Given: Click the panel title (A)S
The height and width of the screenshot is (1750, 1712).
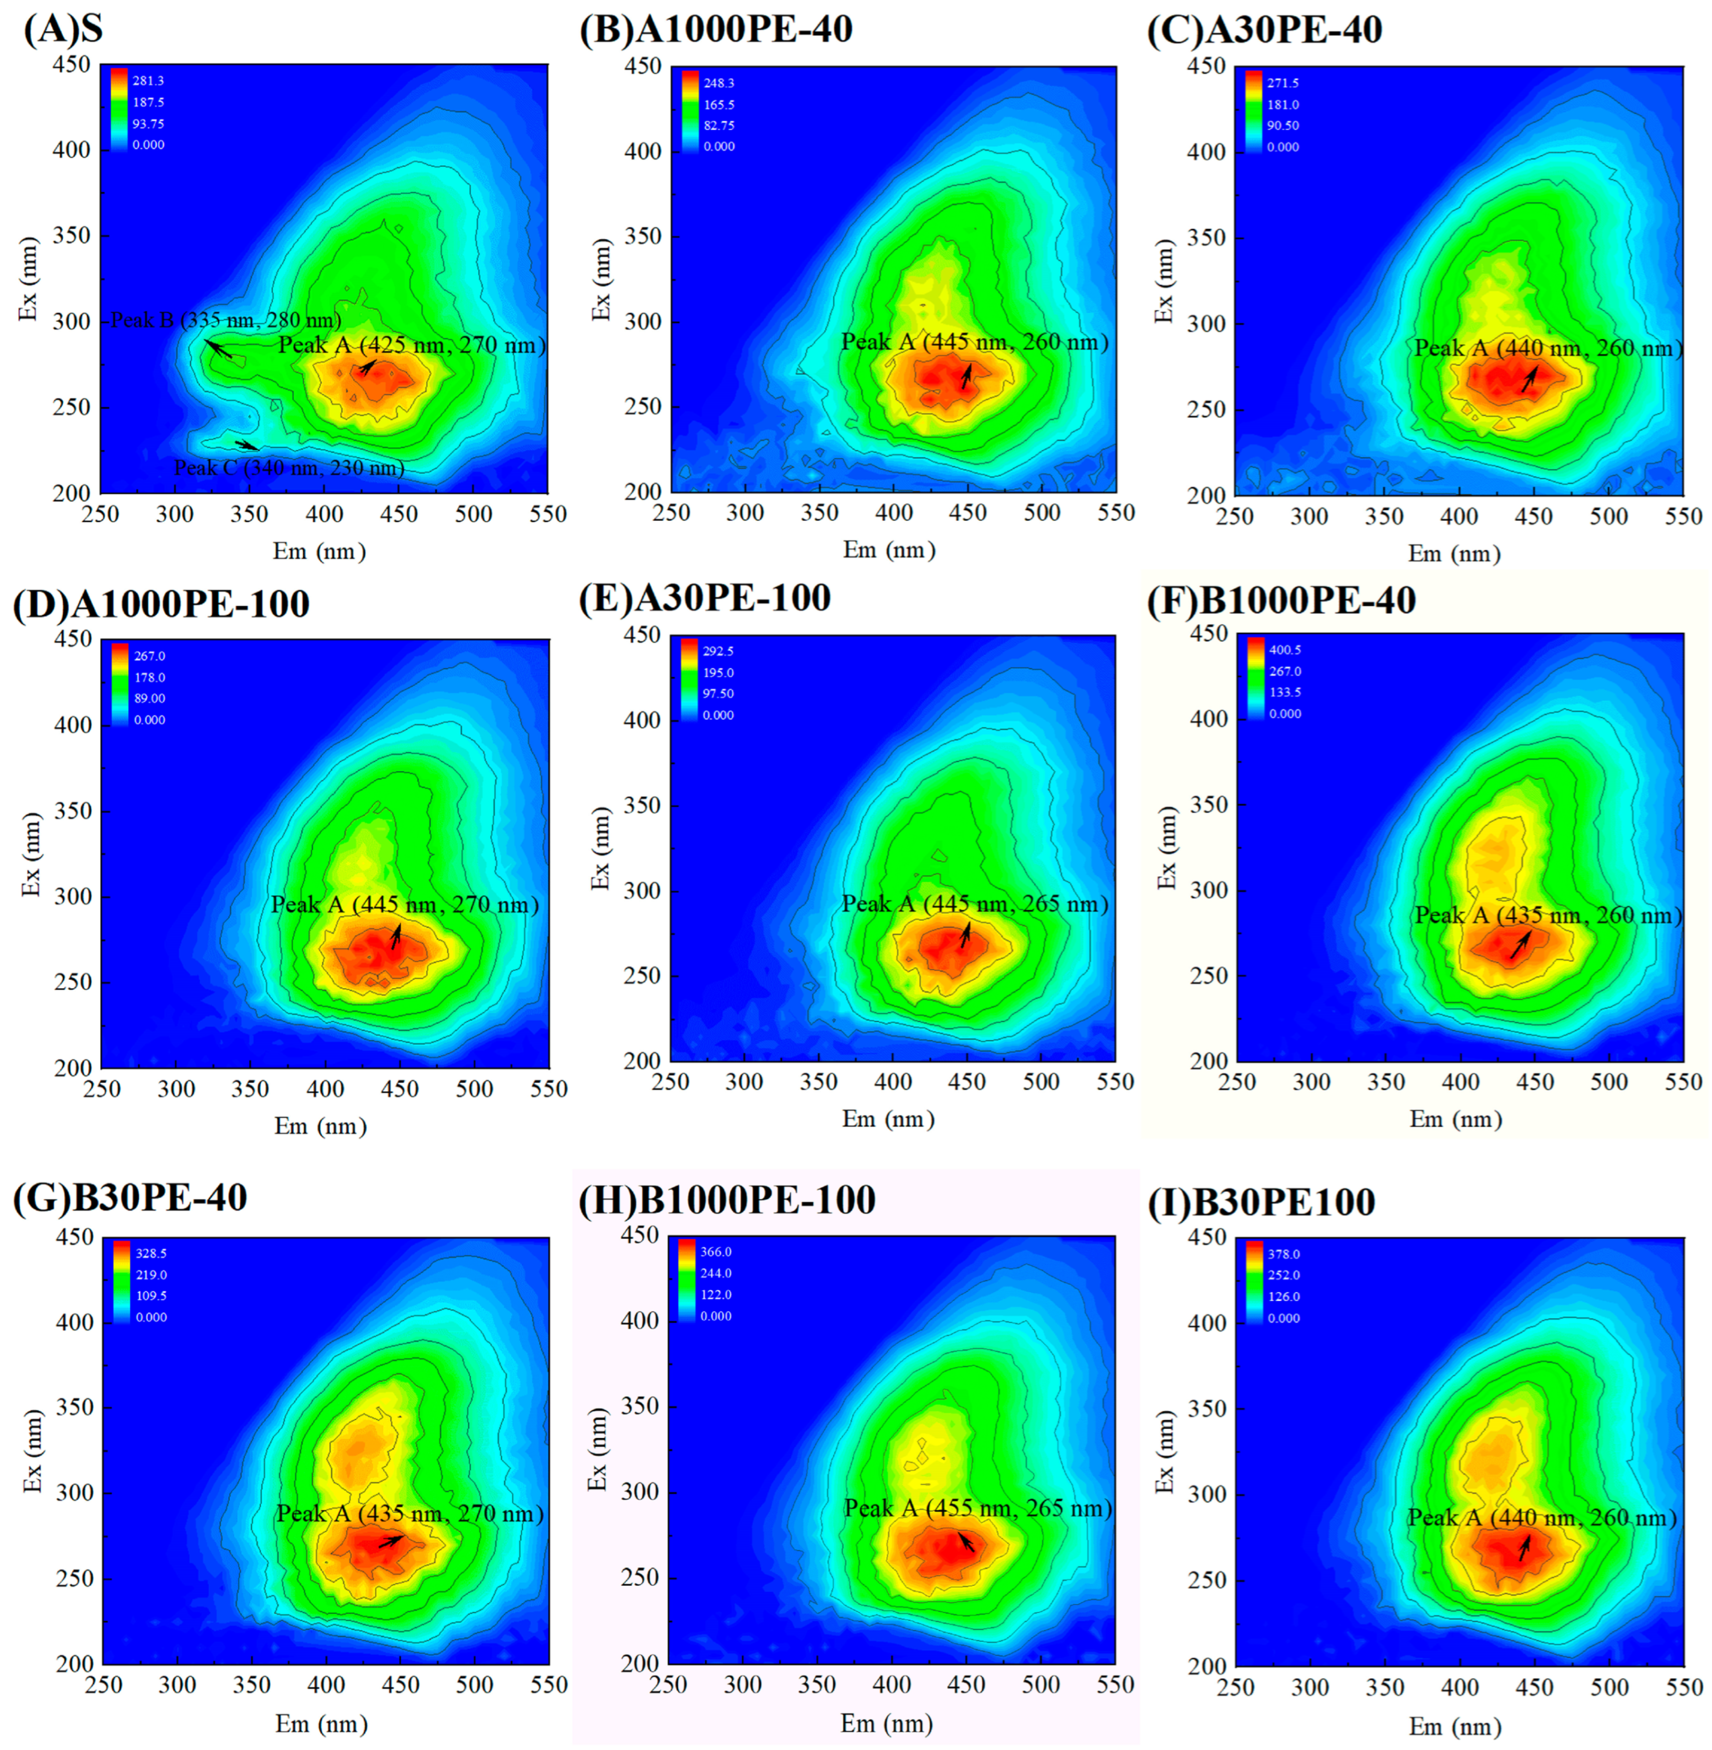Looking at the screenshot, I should tap(63, 30).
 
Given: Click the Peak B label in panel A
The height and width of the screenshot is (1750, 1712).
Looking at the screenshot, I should tap(225, 320).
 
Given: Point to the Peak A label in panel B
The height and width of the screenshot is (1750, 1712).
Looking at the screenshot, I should tap(975, 342).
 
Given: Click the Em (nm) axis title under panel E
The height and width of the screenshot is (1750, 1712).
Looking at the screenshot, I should tap(888, 1119).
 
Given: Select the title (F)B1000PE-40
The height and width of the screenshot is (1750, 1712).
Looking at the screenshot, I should tap(1281, 600).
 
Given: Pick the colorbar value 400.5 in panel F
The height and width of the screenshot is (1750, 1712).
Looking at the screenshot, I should tap(1285, 649).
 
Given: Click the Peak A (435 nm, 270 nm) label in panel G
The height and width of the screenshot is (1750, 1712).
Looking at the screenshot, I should tap(410, 1514).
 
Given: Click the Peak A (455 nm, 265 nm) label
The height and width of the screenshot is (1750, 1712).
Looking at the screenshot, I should tap(977, 1509).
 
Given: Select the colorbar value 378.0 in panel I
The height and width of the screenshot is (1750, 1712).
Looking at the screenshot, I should tap(1283, 1254).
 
